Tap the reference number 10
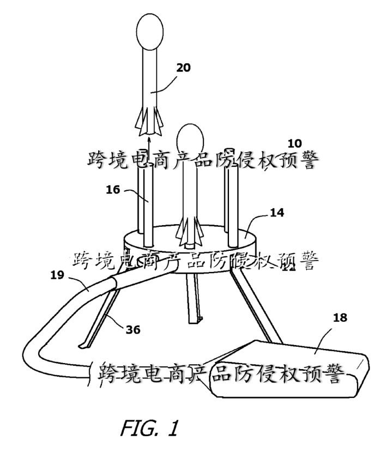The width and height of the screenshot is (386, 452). click(295, 143)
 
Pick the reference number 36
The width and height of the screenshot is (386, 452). click(133, 330)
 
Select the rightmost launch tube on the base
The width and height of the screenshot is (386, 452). click(233, 202)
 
